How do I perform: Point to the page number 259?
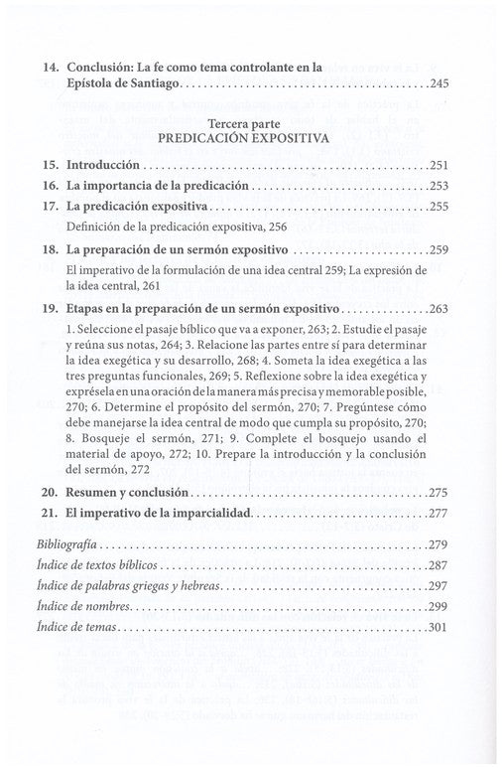tap(440, 252)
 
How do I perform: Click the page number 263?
tap(440, 308)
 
